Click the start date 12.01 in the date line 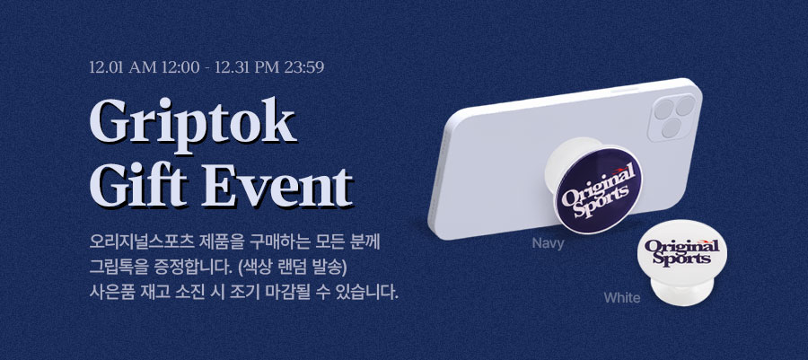[x=107, y=67]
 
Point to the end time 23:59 [x=304, y=67]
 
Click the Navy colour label [x=548, y=243]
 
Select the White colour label [x=622, y=298]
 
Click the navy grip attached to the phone [x=599, y=190]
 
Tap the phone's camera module [x=672, y=118]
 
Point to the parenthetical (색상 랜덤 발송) [x=294, y=268]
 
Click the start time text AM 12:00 [x=164, y=67]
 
